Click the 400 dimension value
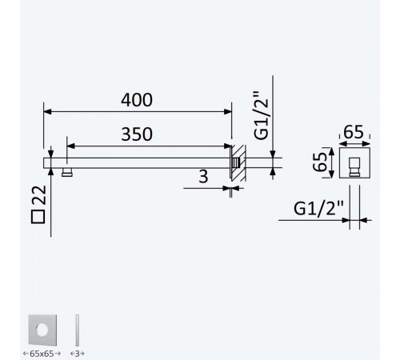click(x=137, y=100)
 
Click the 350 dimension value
click(x=137, y=134)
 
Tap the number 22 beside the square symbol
click(x=39, y=195)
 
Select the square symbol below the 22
click(x=38, y=216)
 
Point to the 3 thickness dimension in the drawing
click(x=203, y=176)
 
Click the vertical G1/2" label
click(x=261, y=116)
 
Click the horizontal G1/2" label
click(x=318, y=208)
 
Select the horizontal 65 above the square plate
click(x=354, y=132)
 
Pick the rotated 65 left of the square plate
click(x=320, y=162)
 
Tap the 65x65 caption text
click(x=42, y=354)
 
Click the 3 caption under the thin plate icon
click(x=78, y=354)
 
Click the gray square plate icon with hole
click(x=42, y=330)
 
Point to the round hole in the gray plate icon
click(x=42, y=330)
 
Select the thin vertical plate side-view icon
click(x=78, y=330)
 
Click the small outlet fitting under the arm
click(x=67, y=172)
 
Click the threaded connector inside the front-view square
click(x=354, y=167)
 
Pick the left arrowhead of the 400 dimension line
click(x=47, y=111)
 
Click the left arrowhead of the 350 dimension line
click(x=70, y=146)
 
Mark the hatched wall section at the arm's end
click(x=238, y=163)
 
